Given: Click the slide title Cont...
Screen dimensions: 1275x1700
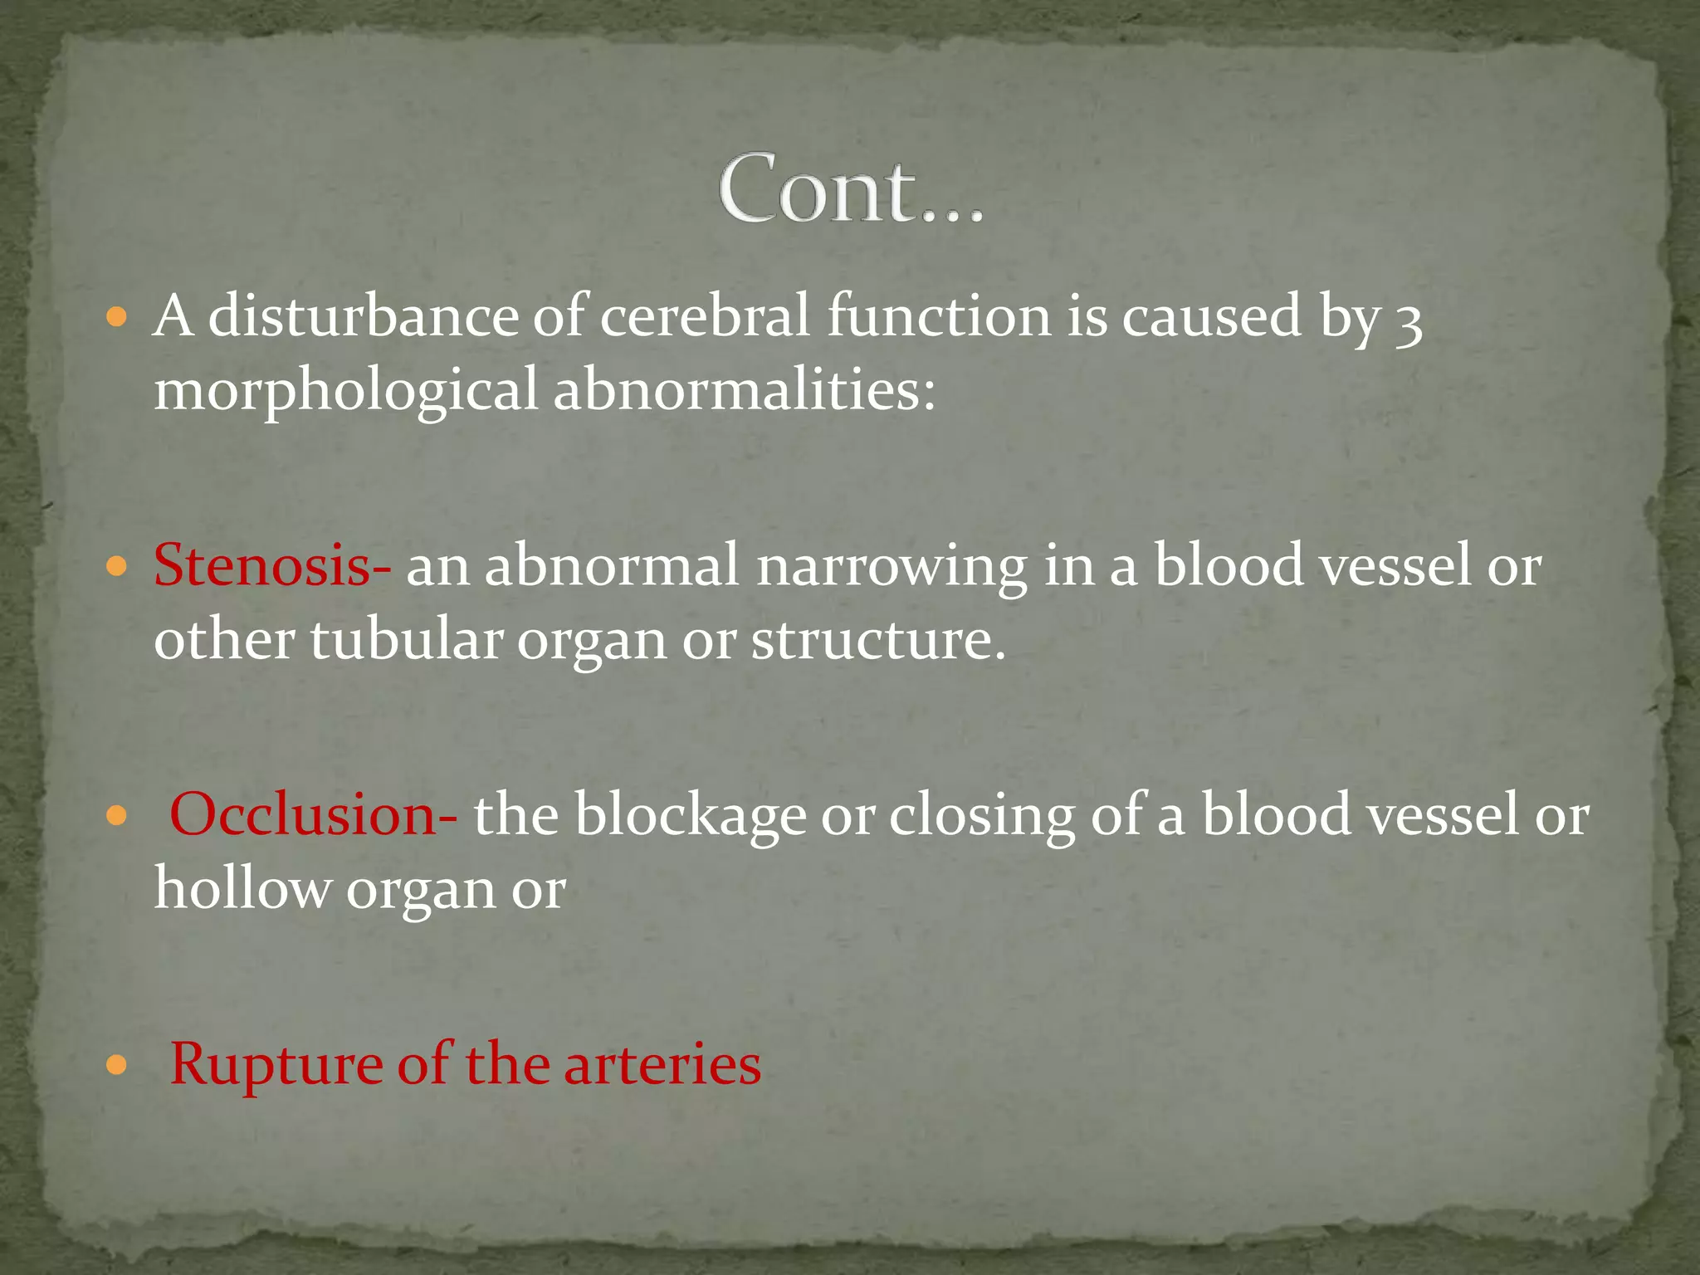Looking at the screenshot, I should [851, 189].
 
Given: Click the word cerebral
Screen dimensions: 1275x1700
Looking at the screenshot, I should [704, 316].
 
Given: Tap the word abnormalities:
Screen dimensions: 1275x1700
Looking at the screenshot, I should [745, 389].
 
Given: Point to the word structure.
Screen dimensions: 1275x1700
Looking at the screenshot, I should [878, 641].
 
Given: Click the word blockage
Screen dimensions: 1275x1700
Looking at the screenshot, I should [690, 815].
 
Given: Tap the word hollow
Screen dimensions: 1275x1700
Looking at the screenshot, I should [242, 888].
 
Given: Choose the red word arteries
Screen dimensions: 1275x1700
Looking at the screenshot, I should [662, 1064].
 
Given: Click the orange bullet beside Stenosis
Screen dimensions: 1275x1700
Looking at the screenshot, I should [117, 568].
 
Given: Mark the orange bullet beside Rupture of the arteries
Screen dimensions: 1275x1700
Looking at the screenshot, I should [117, 1065].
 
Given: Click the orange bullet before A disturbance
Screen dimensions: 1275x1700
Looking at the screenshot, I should [117, 318].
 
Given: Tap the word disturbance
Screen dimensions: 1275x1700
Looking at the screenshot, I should [363, 316].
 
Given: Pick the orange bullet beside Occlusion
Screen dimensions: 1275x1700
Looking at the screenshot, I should [117, 817].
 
